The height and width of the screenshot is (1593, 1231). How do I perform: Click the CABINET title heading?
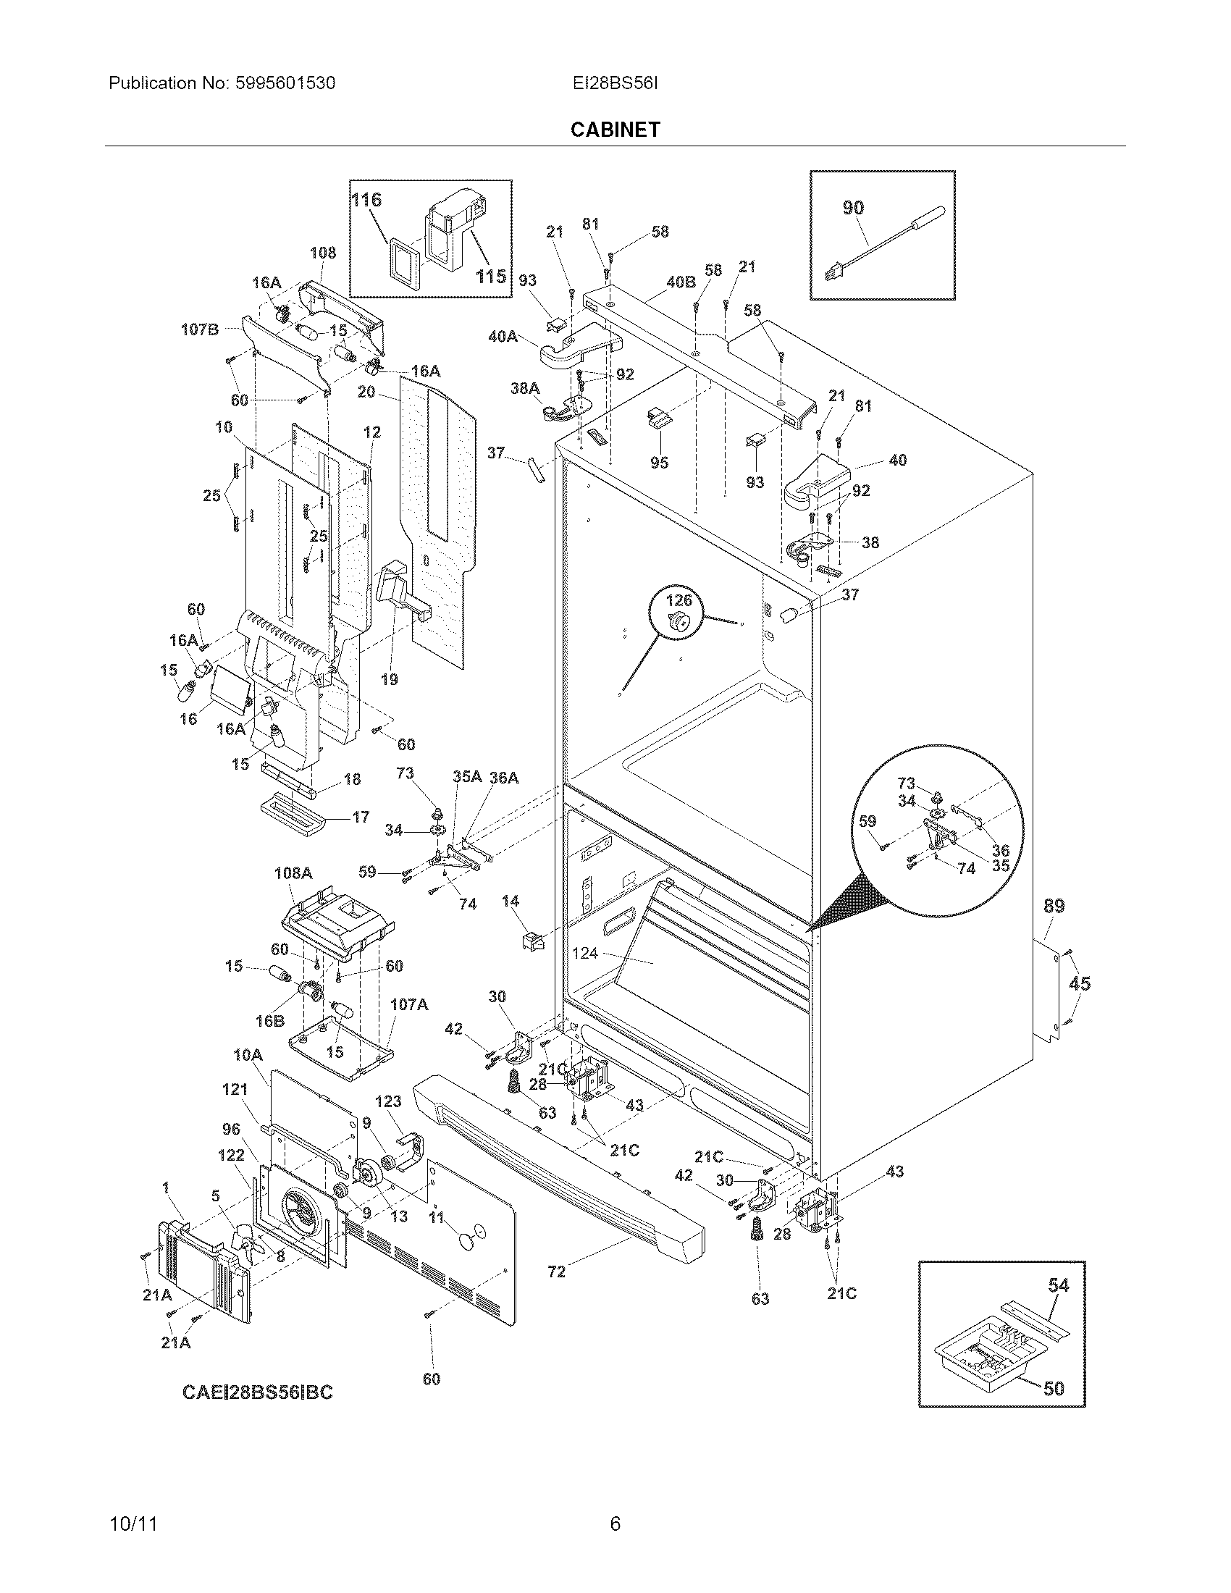tap(615, 129)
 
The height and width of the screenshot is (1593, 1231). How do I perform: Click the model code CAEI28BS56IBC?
tap(257, 1392)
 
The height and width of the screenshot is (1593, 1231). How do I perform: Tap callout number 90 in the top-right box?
tap(852, 207)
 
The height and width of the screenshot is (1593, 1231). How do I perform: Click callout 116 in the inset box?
tap(367, 200)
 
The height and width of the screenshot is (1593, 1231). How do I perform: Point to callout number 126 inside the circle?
tap(678, 600)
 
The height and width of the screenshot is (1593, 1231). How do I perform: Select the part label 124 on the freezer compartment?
tap(585, 953)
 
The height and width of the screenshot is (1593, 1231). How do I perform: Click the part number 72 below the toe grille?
tap(556, 1272)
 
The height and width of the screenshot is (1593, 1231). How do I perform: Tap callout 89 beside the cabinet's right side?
tap(1054, 906)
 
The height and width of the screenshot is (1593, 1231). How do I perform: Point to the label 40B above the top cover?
tap(681, 282)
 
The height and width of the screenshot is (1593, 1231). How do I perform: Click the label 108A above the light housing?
tap(293, 873)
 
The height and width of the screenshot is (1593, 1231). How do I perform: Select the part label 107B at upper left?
tap(199, 329)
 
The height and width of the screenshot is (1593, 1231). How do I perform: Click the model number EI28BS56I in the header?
tap(615, 83)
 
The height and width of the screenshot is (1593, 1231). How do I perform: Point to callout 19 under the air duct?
tap(390, 679)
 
